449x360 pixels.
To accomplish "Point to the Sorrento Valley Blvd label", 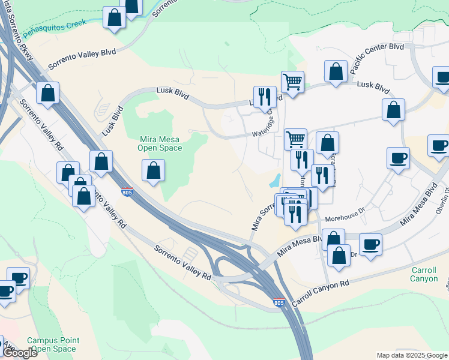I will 82,58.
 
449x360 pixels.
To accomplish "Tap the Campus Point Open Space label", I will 53,344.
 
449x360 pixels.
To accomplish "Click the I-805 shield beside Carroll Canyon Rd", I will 279,304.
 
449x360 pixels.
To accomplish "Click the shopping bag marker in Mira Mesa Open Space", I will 154,170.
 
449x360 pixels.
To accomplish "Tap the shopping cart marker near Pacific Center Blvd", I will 292,81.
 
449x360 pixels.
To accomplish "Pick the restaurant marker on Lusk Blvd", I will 265,97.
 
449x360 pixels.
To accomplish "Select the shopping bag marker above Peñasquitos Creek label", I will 114,17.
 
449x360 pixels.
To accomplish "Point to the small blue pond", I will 275,179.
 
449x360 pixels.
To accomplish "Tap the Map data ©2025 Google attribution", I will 412,355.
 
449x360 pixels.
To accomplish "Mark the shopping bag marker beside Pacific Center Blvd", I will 336,71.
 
